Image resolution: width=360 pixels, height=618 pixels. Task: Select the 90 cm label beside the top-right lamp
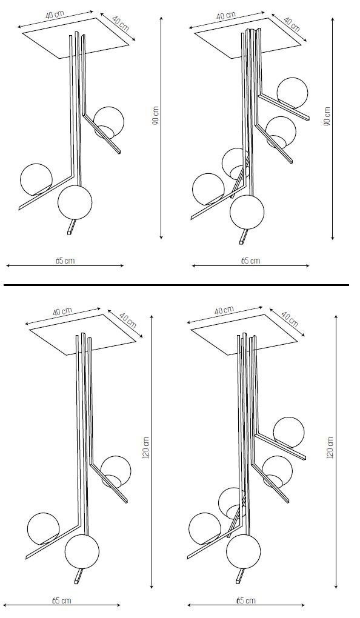click(327, 116)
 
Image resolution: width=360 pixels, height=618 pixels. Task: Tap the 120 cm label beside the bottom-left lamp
click(145, 448)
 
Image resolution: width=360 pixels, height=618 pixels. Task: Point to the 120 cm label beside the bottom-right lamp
click(330, 448)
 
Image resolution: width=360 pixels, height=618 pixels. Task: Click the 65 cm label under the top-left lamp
click(65, 261)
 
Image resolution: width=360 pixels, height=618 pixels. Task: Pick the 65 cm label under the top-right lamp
click(250, 261)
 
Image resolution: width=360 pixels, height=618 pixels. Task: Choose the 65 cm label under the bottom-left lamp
click(62, 600)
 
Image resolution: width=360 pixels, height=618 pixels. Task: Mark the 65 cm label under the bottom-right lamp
click(246, 600)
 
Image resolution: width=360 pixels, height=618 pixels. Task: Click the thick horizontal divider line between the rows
click(176, 285)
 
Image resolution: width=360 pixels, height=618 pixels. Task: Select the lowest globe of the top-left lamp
click(75, 202)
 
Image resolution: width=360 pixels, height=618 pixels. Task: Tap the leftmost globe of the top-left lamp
click(36, 179)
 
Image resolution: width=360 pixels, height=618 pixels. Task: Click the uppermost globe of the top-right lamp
click(292, 93)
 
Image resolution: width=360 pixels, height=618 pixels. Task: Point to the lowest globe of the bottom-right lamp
click(243, 551)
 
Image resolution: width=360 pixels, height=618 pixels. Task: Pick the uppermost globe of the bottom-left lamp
click(116, 471)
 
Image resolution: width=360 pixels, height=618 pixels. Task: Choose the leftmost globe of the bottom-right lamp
click(205, 529)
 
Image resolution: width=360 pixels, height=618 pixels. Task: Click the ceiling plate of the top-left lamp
click(76, 38)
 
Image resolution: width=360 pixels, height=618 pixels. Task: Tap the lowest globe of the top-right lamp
click(247, 212)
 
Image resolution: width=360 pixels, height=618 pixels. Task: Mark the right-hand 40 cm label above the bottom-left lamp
click(127, 321)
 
